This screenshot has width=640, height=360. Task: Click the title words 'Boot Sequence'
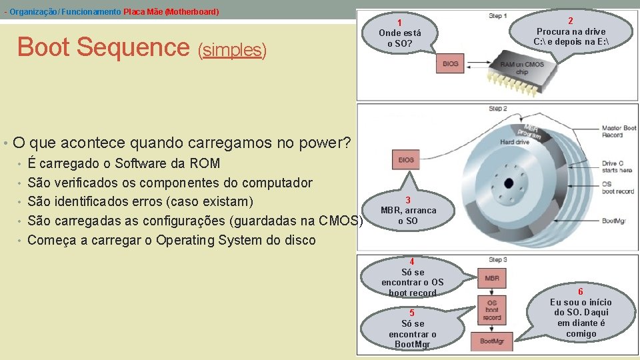pyautogui.click(x=103, y=47)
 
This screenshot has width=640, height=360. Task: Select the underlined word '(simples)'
pyautogui.click(x=232, y=50)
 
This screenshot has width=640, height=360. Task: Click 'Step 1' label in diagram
pyautogui.click(x=498, y=15)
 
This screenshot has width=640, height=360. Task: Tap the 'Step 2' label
pyautogui.click(x=498, y=108)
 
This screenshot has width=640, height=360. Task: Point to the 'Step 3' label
pyautogui.click(x=498, y=259)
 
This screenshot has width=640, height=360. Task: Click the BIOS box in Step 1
pyautogui.click(x=451, y=64)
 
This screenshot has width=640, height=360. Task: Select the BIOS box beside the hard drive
pyautogui.click(x=406, y=160)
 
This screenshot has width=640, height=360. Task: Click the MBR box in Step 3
pyautogui.click(x=492, y=278)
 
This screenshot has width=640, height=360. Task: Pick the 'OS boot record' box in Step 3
pyautogui.click(x=492, y=310)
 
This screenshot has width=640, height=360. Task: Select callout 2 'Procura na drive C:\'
pyautogui.click(x=571, y=32)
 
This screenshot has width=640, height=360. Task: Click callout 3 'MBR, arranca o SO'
pyautogui.click(x=408, y=210)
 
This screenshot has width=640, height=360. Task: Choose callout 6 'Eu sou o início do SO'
pyautogui.click(x=580, y=313)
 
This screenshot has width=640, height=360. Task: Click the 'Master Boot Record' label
pyautogui.click(x=619, y=131)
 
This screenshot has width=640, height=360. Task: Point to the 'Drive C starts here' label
pyautogui.click(x=617, y=167)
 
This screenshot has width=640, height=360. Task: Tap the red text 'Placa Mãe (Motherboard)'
pyautogui.click(x=171, y=12)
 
